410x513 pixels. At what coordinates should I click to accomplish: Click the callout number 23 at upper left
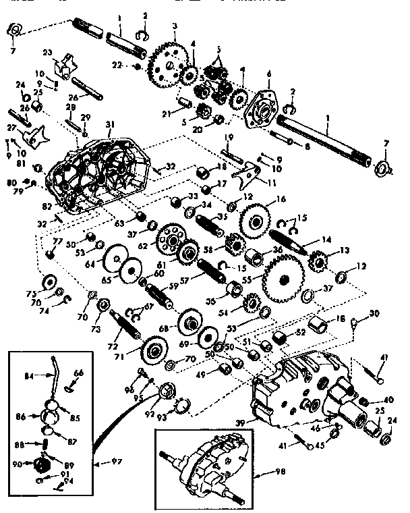pyautogui.click(x=47, y=51)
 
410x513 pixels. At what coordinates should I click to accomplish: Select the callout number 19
pyautogui.click(x=228, y=138)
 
